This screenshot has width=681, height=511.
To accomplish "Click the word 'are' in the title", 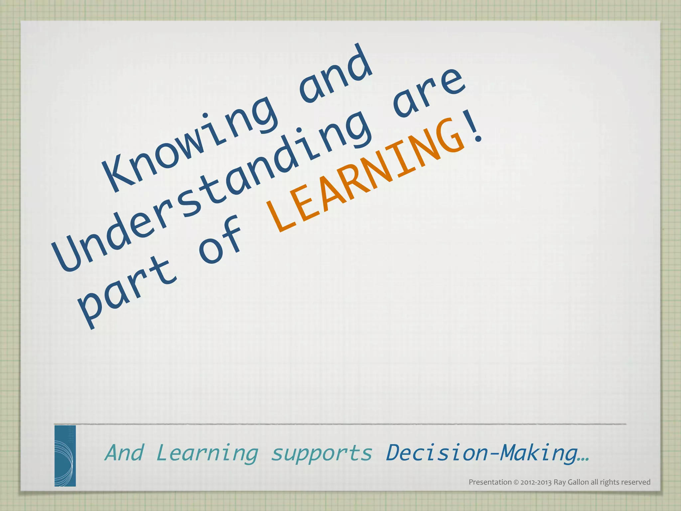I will pyautogui.click(x=429, y=93).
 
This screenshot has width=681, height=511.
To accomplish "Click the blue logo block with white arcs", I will pyautogui.click(x=65, y=455).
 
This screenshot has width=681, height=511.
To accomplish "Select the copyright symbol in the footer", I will pyautogui.click(x=516, y=482).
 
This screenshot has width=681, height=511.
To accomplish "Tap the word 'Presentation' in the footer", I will pyautogui.click(x=490, y=482).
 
